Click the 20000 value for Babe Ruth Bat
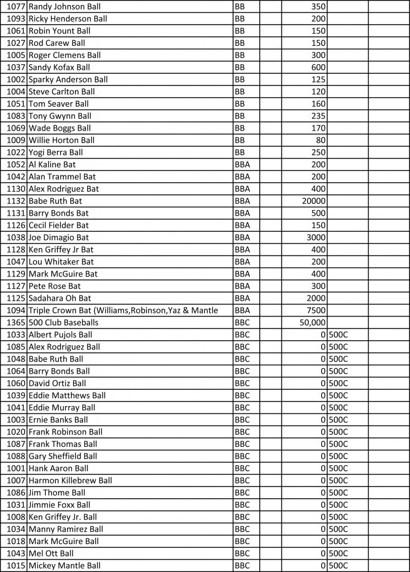[313, 201]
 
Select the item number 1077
[16, 7]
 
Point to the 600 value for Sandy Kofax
[319, 68]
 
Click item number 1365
[16, 323]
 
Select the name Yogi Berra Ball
[56, 152]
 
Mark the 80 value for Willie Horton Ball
[321, 140]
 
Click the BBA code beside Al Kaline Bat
[242, 165]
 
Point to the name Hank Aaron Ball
[59, 468]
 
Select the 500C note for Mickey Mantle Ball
[339, 565]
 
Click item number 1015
[16, 565]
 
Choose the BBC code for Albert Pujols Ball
[242, 335]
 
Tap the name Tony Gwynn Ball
[60, 116]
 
